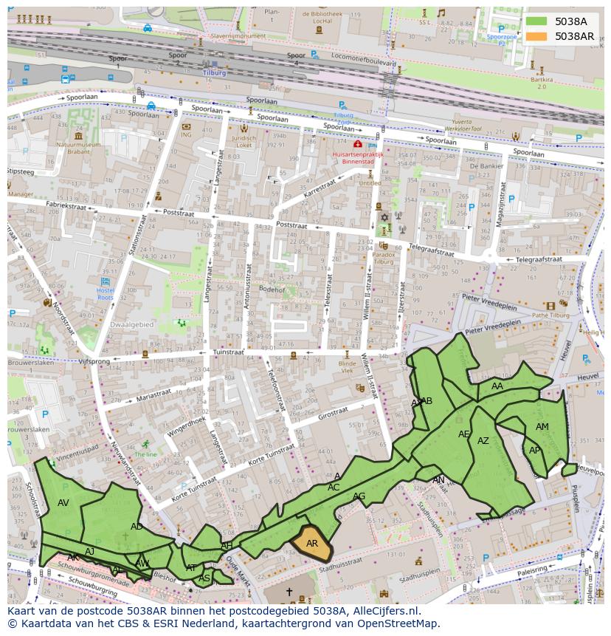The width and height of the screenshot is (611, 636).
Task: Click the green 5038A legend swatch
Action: [x=536, y=21]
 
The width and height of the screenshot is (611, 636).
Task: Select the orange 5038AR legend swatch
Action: [x=536, y=36]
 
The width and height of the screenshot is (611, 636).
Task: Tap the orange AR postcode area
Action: [x=311, y=544]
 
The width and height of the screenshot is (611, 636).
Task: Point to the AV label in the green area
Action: [x=63, y=503]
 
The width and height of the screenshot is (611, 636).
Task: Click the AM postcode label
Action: [x=542, y=427]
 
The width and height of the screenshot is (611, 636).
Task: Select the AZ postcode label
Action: [x=483, y=441]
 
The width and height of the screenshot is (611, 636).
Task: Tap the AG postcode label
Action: [x=359, y=496]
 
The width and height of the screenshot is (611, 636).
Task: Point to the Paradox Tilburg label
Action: [x=384, y=258]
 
